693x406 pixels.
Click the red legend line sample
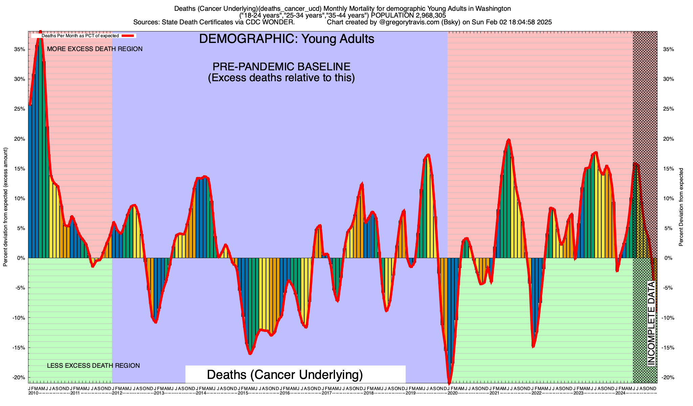[x=129, y=36]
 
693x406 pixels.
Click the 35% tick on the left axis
[x=20, y=49]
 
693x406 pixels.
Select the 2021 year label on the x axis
[x=494, y=393]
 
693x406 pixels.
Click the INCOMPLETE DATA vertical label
[x=651, y=323]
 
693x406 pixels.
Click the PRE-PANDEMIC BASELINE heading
[x=281, y=66]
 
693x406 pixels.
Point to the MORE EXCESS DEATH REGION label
[x=95, y=49]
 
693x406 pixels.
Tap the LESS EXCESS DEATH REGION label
[x=93, y=366]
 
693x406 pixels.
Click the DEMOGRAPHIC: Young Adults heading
[x=287, y=39]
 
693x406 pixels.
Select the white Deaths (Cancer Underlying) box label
[x=285, y=375]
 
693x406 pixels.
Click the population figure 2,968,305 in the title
[x=427, y=15]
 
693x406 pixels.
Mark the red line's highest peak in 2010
[x=40, y=31]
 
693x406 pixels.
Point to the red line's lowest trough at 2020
[x=449, y=383]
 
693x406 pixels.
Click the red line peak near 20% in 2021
[x=508, y=139]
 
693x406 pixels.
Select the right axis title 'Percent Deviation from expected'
[x=681, y=207]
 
